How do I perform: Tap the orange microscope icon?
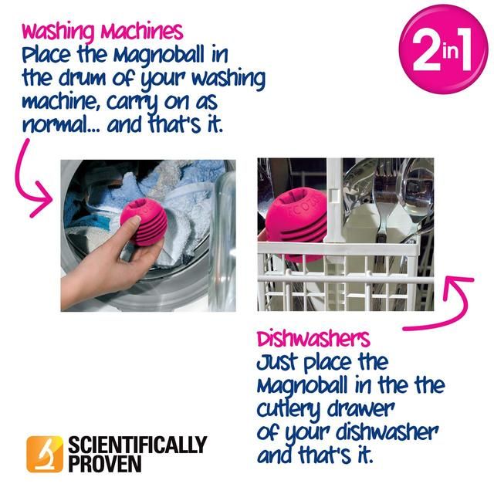point(44,454)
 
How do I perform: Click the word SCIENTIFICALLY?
point(137,445)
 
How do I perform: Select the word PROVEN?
point(104,464)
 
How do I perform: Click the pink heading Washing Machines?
point(103,32)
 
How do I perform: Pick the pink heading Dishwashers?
point(313,339)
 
